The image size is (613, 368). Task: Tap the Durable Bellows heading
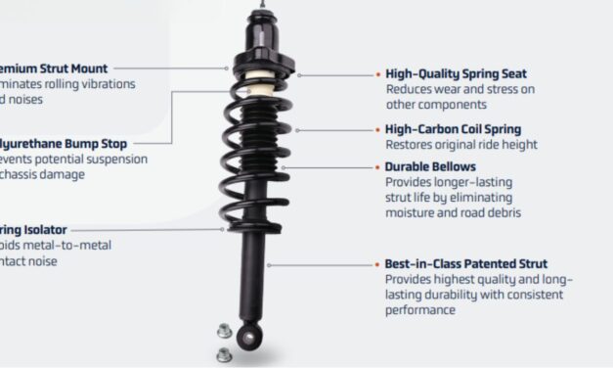(x=423, y=166)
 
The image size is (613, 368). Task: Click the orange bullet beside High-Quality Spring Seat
(x=377, y=73)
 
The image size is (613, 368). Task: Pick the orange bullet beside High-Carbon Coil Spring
(x=377, y=129)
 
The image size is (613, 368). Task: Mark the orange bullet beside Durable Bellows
(x=377, y=166)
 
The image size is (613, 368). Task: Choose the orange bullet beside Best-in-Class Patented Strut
(x=377, y=264)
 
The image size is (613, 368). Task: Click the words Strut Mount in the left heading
(x=60, y=69)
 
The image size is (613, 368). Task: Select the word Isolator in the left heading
(x=40, y=230)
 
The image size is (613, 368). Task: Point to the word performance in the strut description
(x=420, y=310)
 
